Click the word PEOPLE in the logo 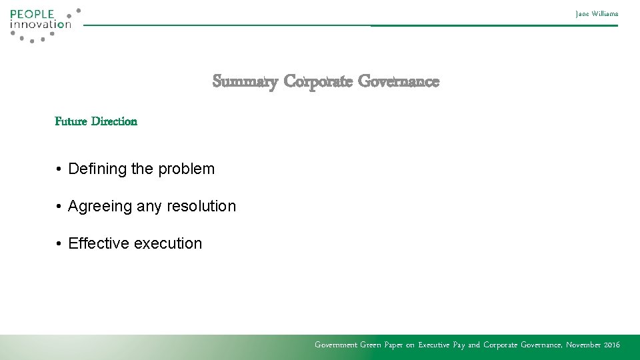32,14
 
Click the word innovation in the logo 40,25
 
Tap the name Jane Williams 597,13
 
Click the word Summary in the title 245,82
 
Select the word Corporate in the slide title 317,82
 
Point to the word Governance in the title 399,82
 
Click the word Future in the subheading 71,121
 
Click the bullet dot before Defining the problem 59,169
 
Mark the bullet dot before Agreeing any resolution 59,207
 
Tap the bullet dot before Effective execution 59,244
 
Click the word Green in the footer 372,345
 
